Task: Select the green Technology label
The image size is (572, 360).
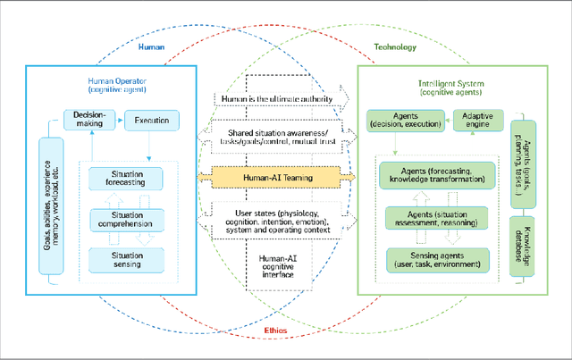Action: [389, 47]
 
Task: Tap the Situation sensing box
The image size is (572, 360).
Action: [127, 260]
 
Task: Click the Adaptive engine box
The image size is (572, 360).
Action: [479, 121]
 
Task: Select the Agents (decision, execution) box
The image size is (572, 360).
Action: [406, 121]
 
